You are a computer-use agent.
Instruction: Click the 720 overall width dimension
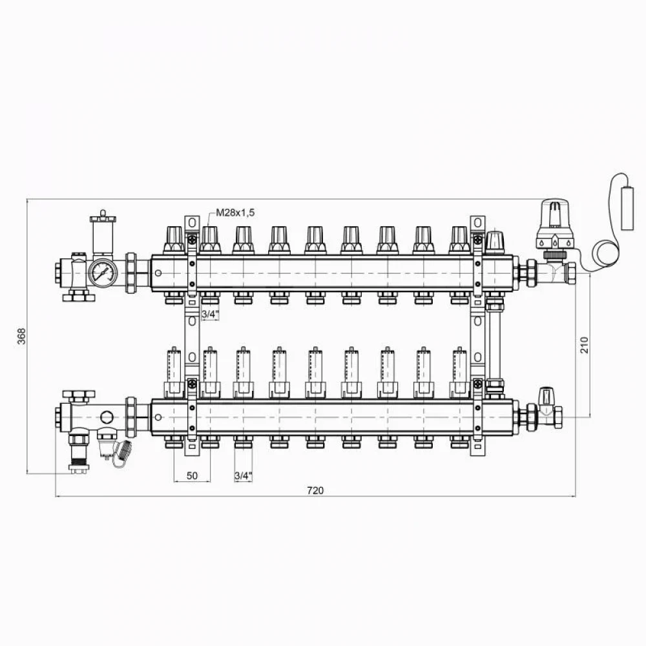point(316,490)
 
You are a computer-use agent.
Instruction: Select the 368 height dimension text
point(21,336)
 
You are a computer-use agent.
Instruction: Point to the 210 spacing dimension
point(585,345)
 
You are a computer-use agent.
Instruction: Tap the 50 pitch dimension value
point(192,475)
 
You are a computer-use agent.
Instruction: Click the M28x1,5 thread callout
point(235,213)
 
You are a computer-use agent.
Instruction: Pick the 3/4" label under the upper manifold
point(210,315)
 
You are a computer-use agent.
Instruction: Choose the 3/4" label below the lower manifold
point(243,476)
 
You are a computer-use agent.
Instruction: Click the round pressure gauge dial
point(103,273)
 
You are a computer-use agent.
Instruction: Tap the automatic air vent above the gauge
point(103,233)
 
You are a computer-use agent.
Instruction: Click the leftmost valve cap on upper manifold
point(174,240)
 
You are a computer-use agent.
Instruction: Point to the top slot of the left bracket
point(192,223)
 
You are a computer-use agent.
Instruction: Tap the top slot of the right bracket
point(477,223)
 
